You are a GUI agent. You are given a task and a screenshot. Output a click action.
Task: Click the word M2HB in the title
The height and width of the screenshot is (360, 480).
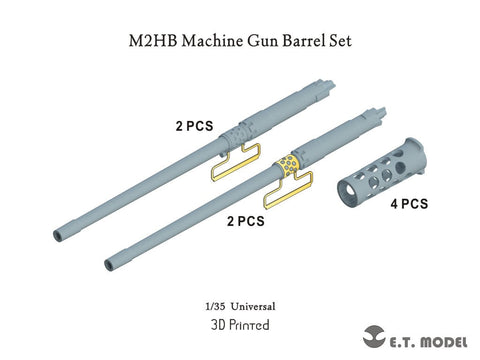(x=153, y=41)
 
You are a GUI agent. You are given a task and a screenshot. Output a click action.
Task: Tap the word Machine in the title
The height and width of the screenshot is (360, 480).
(x=212, y=41)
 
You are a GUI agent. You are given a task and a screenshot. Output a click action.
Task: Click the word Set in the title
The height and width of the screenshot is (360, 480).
(x=341, y=41)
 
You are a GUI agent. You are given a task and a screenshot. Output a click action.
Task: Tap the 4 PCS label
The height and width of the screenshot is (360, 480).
(x=409, y=204)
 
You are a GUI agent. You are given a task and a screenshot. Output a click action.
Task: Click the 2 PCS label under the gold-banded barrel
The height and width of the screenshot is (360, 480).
(x=246, y=221)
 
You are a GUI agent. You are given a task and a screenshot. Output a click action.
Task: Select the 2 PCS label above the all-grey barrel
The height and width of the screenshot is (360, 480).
(x=194, y=126)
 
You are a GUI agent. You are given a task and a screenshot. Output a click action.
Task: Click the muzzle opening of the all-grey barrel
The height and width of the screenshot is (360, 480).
(x=58, y=236)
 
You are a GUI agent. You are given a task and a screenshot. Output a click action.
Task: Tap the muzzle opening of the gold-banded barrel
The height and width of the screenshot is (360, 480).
(x=109, y=264)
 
